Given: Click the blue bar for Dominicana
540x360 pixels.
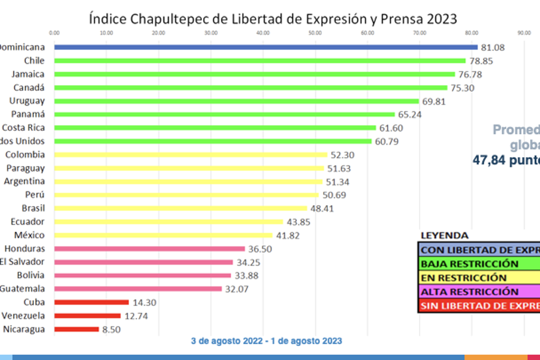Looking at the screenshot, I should (265, 47).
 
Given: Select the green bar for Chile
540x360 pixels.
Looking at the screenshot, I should (260, 60).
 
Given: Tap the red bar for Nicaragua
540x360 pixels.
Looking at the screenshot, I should (76, 329).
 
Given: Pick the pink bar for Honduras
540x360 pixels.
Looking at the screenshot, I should (149, 248).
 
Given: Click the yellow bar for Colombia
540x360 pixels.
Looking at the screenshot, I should (191, 154).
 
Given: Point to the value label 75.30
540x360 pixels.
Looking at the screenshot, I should (463, 88).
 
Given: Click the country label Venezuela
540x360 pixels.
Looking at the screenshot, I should (23, 316).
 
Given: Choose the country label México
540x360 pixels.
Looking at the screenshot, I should (29, 235).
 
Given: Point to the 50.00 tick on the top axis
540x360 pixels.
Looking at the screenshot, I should (315, 32).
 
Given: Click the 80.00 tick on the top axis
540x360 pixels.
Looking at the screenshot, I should (472, 32).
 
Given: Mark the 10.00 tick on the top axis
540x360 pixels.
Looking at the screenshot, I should (106, 32).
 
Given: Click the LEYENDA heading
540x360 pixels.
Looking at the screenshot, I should (444, 235).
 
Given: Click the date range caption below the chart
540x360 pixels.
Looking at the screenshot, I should (266, 341).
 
